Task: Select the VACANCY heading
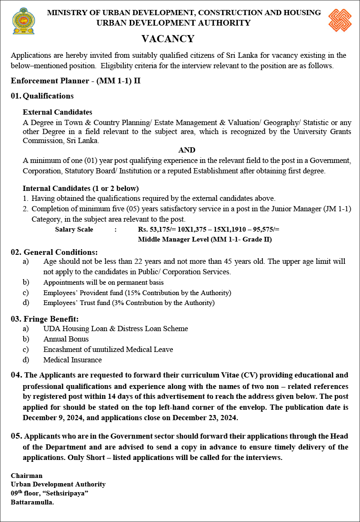click(x=168, y=39)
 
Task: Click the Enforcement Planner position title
click(x=76, y=81)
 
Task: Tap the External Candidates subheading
click(x=57, y=112)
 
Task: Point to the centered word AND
click(x=187, y=150)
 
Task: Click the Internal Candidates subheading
click(x=81, y=188)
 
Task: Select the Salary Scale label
click(x=74, y=229)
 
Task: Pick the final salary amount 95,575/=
click(x=264, y=229)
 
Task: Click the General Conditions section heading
click(x=54, y=252)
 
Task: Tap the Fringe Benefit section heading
click(x=45, y=319)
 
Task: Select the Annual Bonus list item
click(x=66, y=339)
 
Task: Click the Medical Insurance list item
click(x=72, y=360)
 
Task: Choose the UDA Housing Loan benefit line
click(x=116, y=329)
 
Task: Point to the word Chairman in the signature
click(x=27, y=476)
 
